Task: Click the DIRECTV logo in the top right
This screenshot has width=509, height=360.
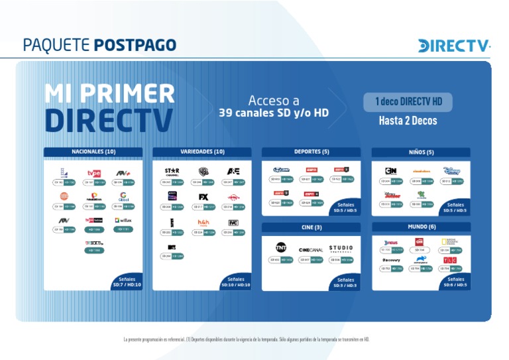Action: (454, 46)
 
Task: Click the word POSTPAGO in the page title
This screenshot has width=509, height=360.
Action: (135, 45)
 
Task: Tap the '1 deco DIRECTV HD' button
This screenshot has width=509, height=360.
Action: (408, 102)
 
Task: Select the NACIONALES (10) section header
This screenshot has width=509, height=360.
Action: (93, 152)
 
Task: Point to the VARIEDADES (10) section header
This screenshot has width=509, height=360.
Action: (202, 152)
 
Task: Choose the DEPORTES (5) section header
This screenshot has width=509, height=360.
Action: (311, 152)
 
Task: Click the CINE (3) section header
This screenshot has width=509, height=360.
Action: (311, 227)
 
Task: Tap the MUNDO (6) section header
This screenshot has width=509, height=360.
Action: (420, 227)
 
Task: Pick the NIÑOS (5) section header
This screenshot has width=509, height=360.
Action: (420, 152)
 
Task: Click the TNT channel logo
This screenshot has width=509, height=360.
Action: (281, 248)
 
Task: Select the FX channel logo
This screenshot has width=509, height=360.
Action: (203, 197)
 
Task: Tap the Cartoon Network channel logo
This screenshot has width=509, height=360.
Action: (390, 171)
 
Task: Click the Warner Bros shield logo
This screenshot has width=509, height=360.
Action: (203, 171)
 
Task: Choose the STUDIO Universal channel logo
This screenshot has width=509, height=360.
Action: (341, 249)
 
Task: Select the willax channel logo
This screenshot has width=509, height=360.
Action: (123, 220)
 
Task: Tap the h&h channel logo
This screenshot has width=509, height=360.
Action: (203, 223)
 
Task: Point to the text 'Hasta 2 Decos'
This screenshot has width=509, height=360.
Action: (408, 121)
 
